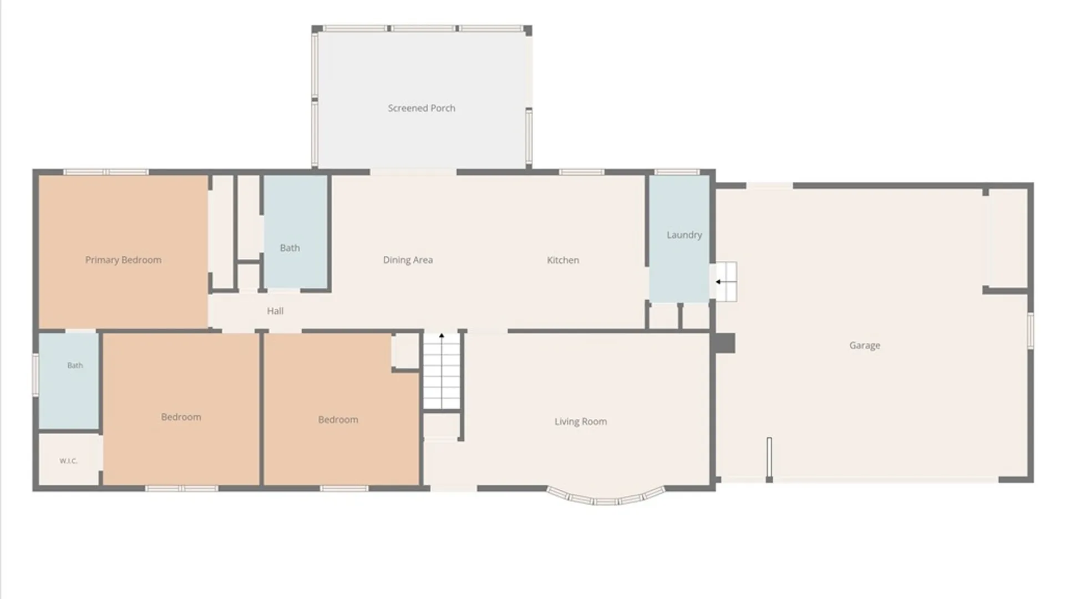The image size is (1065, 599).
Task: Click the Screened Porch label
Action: pos(422,108)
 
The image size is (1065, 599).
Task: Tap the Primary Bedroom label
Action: pos(123,260)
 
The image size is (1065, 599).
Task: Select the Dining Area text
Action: pos(408,260)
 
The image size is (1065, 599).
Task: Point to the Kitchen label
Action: pos(563,260)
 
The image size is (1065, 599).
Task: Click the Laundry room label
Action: pos(684,235)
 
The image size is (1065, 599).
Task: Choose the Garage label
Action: pos(865,346)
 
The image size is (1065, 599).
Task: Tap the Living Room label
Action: pos(580,422)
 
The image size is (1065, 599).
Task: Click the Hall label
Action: pos(275,311)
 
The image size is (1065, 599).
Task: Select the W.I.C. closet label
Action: pos(68,461)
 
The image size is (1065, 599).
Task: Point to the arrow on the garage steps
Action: pos(718,282)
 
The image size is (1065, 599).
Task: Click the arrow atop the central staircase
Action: pos(442,336)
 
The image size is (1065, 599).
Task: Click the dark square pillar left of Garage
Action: pos(724,343)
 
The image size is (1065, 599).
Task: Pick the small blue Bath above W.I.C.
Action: pos(69,380)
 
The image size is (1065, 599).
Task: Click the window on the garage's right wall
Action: pos(1031,331)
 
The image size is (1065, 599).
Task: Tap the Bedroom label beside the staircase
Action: pos(338,420)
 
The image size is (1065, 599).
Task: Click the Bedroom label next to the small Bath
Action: pos(181,417)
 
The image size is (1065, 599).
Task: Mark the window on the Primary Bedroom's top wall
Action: pos(105,172)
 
